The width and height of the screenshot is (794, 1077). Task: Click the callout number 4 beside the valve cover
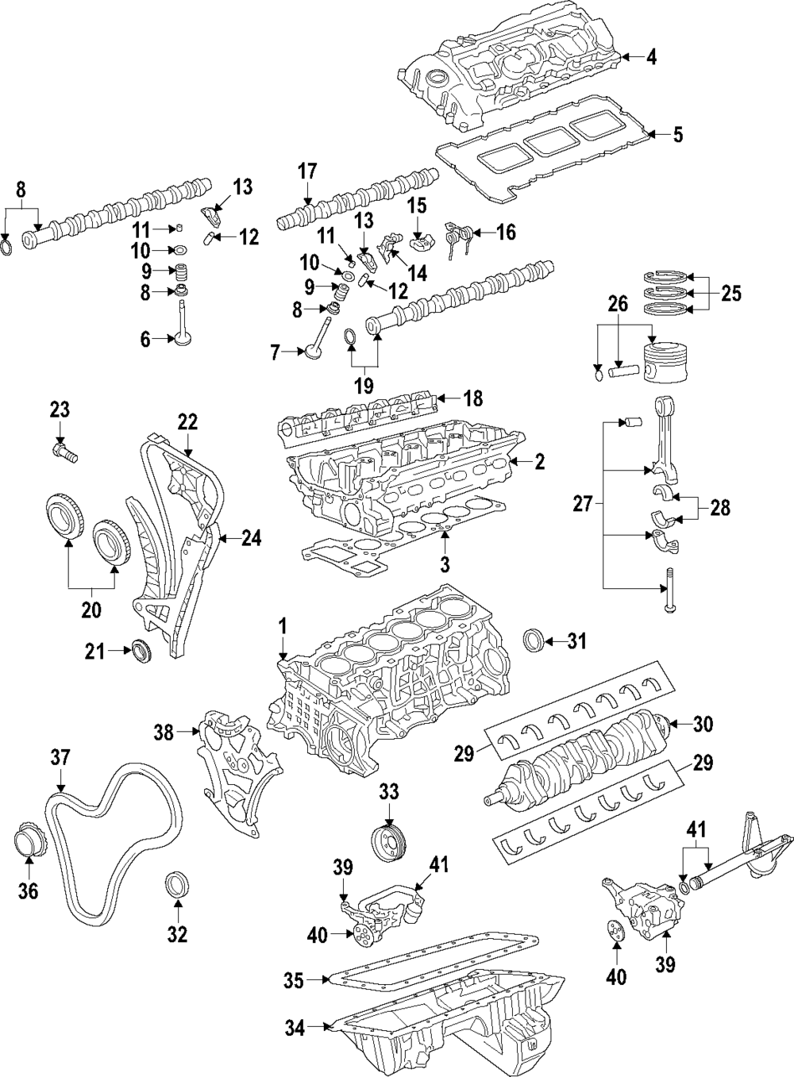click(x=651, y=57)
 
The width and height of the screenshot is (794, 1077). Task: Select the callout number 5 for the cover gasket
click(x=677, y=135)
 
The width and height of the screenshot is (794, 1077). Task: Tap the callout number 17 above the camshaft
click(x=307, y=171)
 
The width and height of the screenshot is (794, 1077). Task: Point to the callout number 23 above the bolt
click(x=60, y=410)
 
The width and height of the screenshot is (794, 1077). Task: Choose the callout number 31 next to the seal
click(x=576, y=641)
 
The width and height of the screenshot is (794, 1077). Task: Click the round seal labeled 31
click(x=534, y=640)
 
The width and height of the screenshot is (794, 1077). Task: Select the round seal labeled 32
click(x=177, y=883)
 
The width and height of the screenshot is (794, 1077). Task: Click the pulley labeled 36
click(x=28, y=842)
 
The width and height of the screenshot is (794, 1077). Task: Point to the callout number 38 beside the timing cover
click(x=164, y=747)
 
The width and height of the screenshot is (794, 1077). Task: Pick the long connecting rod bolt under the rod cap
click(x=669, y=590)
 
